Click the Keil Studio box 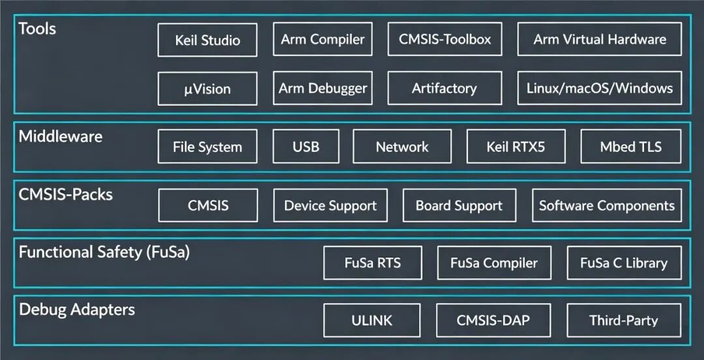point(207,40)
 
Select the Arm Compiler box point(323,39)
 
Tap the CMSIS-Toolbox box point(445,39)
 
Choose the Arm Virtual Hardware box point(600,39)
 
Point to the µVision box point(207,89)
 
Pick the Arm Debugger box point(323,88)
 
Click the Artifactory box point(445,88)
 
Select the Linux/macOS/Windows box point(600,88)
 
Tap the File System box point(207,147)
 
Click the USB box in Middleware point(306,147)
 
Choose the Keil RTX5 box point(516,147)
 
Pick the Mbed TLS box point(631,147)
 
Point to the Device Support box point(330,205)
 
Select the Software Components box point(607,205)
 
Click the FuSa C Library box point(624,263)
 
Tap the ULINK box point(372,320)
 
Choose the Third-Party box point(624,320)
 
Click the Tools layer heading point(37,29)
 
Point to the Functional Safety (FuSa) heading point(104,252)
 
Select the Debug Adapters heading point(77,310)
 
